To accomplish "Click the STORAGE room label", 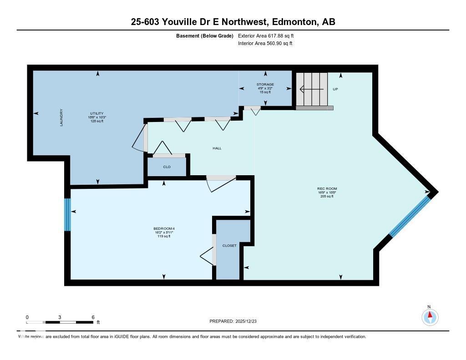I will point(265,84).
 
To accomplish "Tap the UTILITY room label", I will point(96,113).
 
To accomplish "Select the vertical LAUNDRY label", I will point(61,117).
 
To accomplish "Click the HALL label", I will point(217,148).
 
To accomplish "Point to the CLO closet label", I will point(167,167).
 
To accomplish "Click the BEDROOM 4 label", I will point(164,228).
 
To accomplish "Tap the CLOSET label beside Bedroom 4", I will point(229,246).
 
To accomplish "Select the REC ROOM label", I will point(327,188).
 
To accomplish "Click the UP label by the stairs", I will point(335,89).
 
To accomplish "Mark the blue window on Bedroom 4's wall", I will point(67,214).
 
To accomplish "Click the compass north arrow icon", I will point(429,316).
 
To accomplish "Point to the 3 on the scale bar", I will point(60,317).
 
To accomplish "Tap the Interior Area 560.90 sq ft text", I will point(265,44).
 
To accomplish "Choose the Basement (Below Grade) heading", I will point(204,35).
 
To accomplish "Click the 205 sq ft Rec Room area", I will point(327,196).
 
